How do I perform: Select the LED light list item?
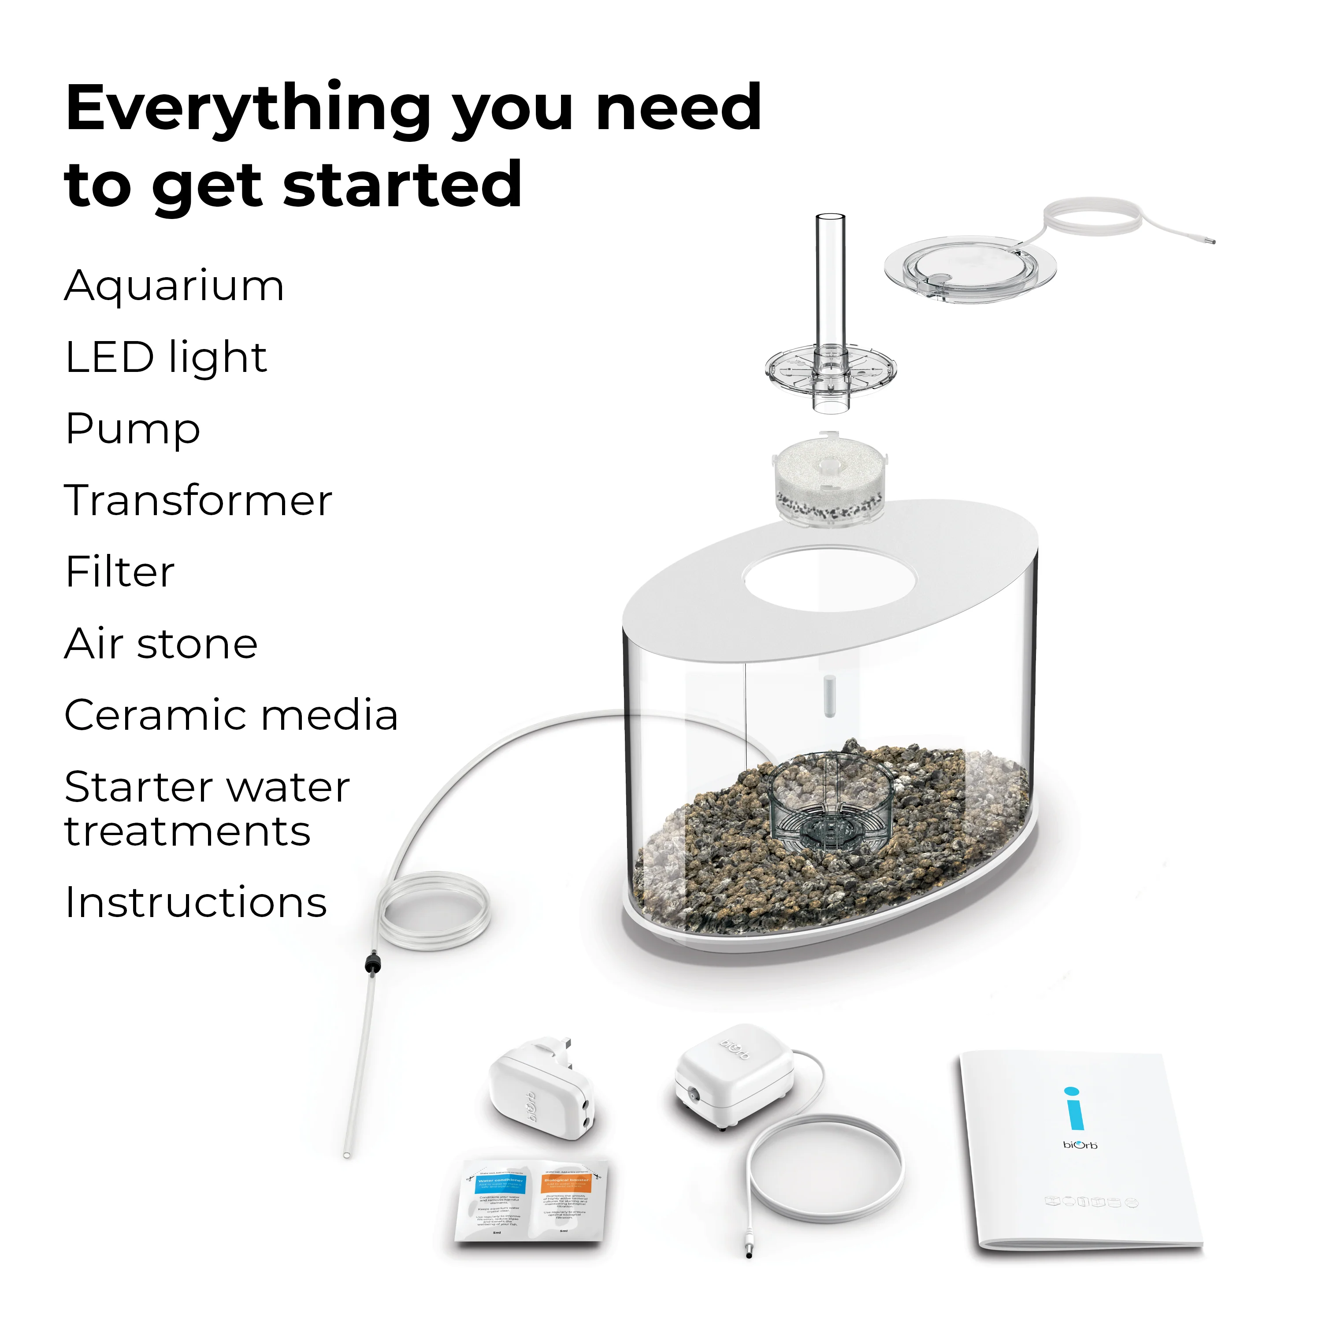coord(166,358)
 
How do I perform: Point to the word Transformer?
coord(198,500)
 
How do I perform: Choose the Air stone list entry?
coord(161,644)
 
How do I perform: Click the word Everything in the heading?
coord(249,109)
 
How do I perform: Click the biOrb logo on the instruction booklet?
coord(1080,1145)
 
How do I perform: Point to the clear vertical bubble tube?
coord(829,281)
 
